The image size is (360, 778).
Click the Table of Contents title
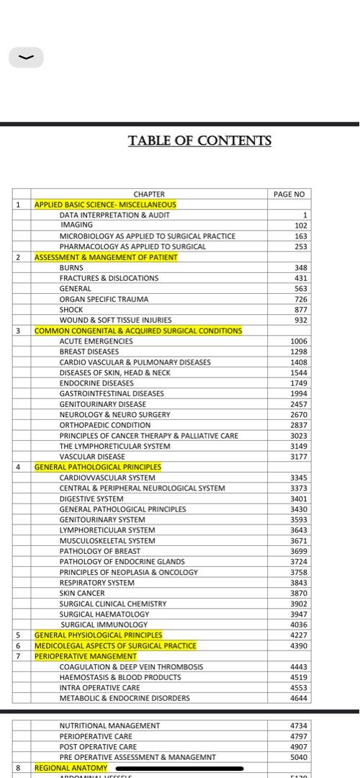[x=199, y=141]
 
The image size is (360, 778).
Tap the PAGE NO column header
[x=289, y=194]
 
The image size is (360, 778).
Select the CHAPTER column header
[x=149, y=194]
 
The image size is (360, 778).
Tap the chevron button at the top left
[x=27, y=58]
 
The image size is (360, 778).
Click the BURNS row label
[x=71, y=267]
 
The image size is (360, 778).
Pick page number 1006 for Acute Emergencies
[x=298, y=341]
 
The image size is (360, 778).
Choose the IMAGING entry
[x=76, y=225]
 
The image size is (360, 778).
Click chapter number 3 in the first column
[x=17, y=331]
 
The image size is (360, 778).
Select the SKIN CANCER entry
[x=82, y=593]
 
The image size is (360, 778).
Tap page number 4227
[x=298, y=635]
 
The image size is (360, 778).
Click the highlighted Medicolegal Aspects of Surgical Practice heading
[x=115, y=645]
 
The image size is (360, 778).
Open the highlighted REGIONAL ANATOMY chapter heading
[x=71, y=768]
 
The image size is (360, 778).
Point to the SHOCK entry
[x=71, y=309]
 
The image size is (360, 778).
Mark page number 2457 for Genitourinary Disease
[x=298, y=404]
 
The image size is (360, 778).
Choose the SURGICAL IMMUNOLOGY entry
[x=104, y=625]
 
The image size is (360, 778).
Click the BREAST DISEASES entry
[x=89, y=352]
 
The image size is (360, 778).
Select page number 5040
[x=298, y=757]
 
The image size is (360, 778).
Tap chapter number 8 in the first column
[x=17, y=768]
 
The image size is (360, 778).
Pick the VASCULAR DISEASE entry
[x=92, y=457]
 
